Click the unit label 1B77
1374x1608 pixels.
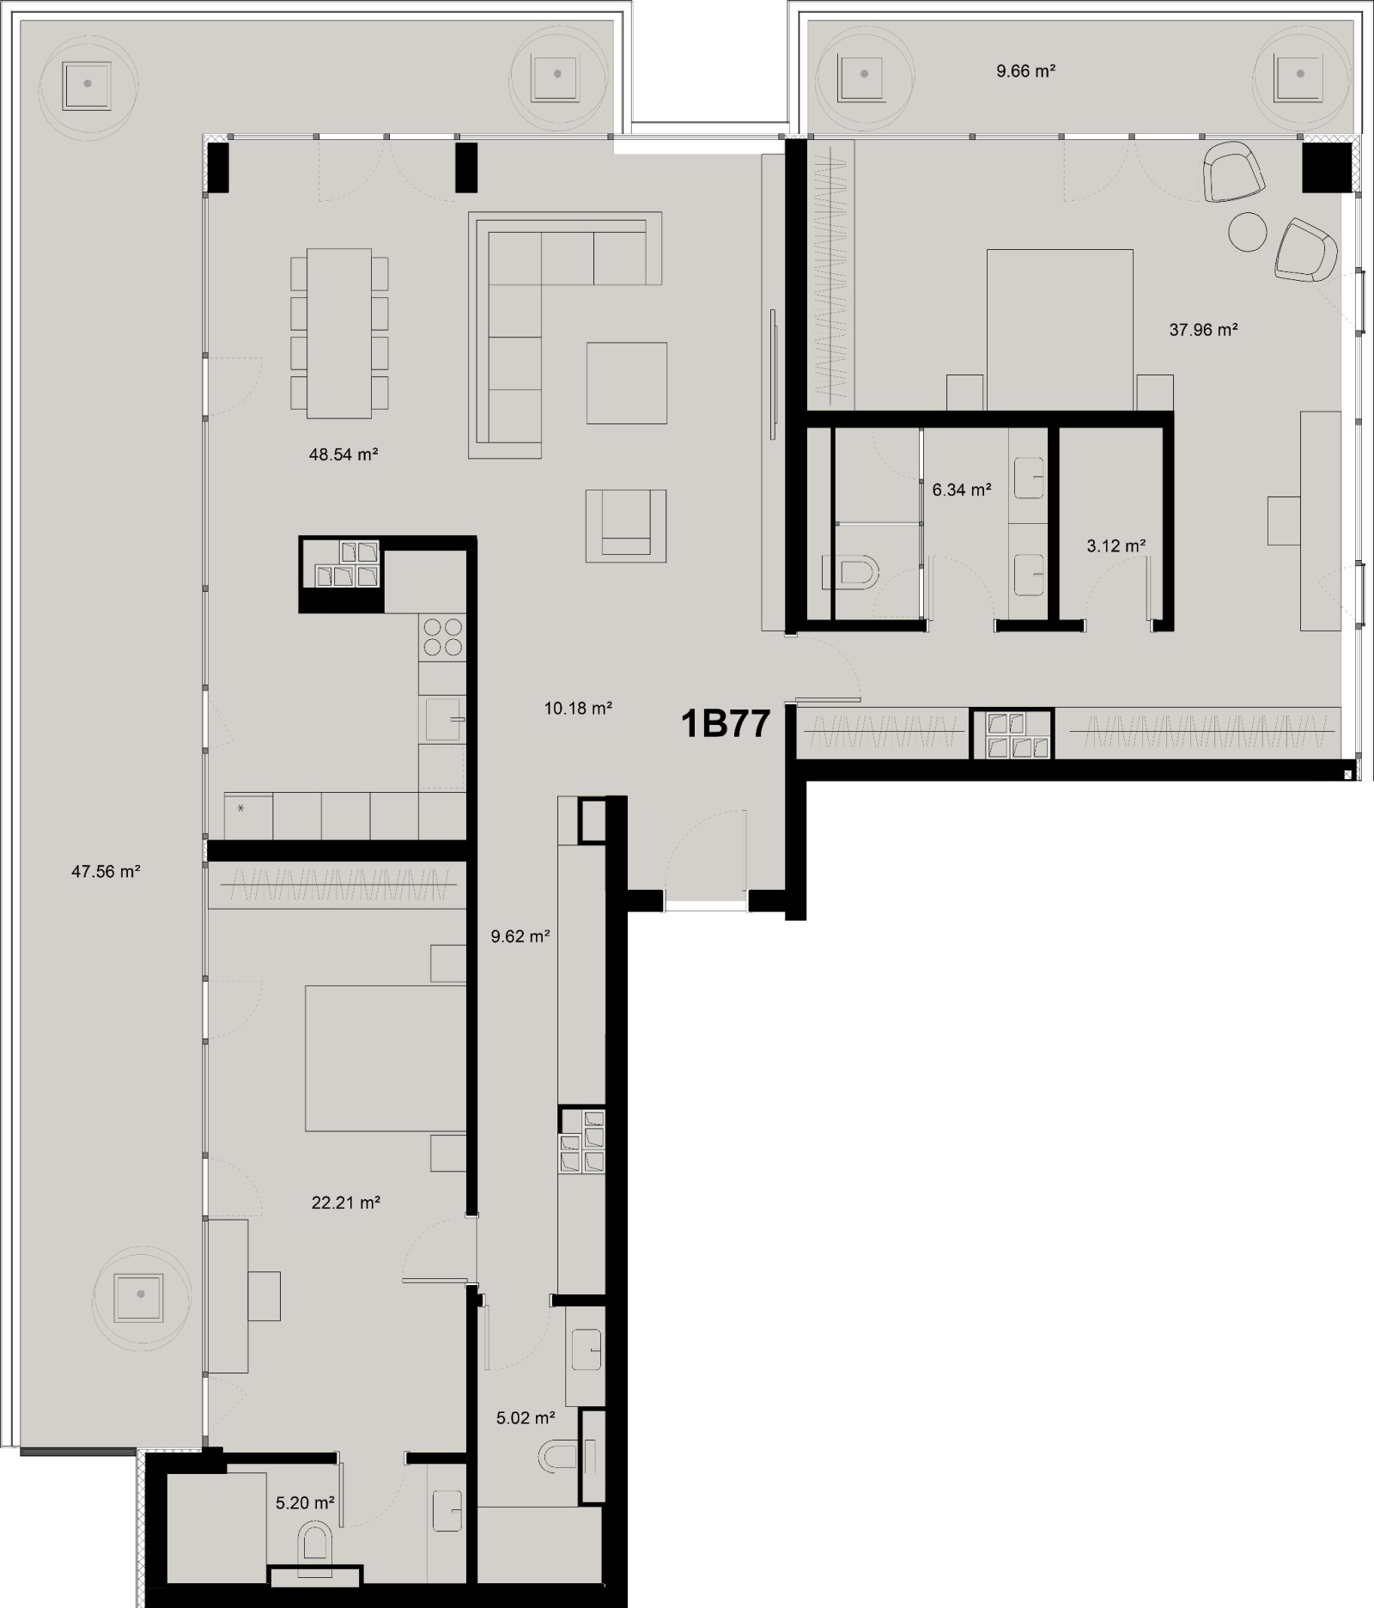(725, 724)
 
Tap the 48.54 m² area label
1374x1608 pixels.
(343, 454)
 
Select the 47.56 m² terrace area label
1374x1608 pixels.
(106, 871)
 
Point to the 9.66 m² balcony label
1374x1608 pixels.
(1025, 71)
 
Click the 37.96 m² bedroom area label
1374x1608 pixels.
(1203, 329)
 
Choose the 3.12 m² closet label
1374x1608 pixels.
(1116, 545)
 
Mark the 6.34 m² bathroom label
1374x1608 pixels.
(962, 490)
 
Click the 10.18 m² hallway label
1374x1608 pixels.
(578, 708)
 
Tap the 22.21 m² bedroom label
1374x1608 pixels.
(345, 1203)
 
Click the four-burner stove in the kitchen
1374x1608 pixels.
(442, 637)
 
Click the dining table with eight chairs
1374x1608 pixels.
(339, 333)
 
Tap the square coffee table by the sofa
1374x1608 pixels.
(627, 382)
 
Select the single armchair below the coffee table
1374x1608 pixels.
(626, 526)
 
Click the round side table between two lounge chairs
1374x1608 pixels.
(1248, 231)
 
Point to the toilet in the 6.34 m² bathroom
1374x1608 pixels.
(850, 573)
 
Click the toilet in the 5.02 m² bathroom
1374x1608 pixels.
(559, 1457)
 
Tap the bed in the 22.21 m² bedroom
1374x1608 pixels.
(385, 1057)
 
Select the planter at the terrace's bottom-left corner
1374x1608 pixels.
(140, 1294)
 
